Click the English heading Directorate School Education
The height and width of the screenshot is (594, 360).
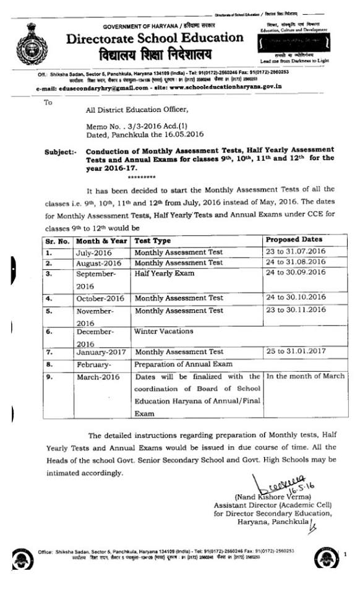coord(155,38)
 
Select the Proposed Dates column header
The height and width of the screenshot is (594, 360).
coord(294,239)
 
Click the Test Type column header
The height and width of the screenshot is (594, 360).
coord(152,241)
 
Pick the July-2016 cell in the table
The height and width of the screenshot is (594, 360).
coord(94,252)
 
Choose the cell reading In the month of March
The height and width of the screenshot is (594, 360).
coord(302,376)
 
